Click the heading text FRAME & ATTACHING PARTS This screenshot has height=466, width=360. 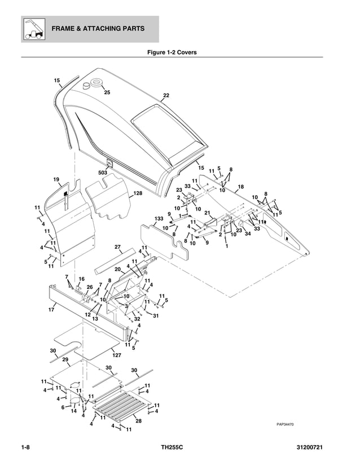98,29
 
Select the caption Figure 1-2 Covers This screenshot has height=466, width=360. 172,52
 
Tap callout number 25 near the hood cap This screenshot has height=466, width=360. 107,92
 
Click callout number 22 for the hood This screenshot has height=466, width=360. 166,95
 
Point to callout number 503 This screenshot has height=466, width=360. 103,173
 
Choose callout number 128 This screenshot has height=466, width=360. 138,194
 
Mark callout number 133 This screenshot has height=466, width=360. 159,218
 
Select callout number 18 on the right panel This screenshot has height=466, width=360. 240,187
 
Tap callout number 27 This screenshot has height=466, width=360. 118,247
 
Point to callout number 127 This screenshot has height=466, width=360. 117,355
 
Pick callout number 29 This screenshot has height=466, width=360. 65,359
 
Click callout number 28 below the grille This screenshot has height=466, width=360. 138,420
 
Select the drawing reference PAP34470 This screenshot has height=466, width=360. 286,425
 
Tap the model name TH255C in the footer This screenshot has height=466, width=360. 172,448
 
